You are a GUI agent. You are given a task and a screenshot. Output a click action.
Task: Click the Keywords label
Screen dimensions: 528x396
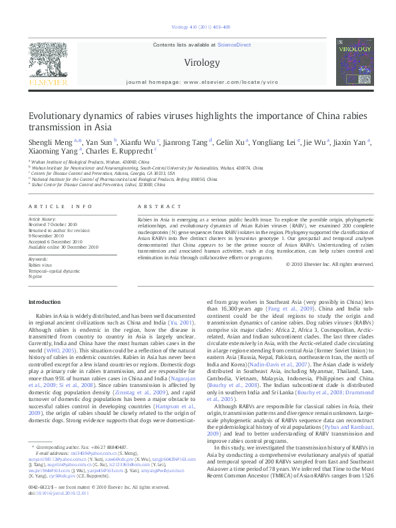pyautogui.click(x=38, y=258)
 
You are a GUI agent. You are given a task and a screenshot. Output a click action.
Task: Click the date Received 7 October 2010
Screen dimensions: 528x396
pyautogui.click(x=56, y=223)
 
